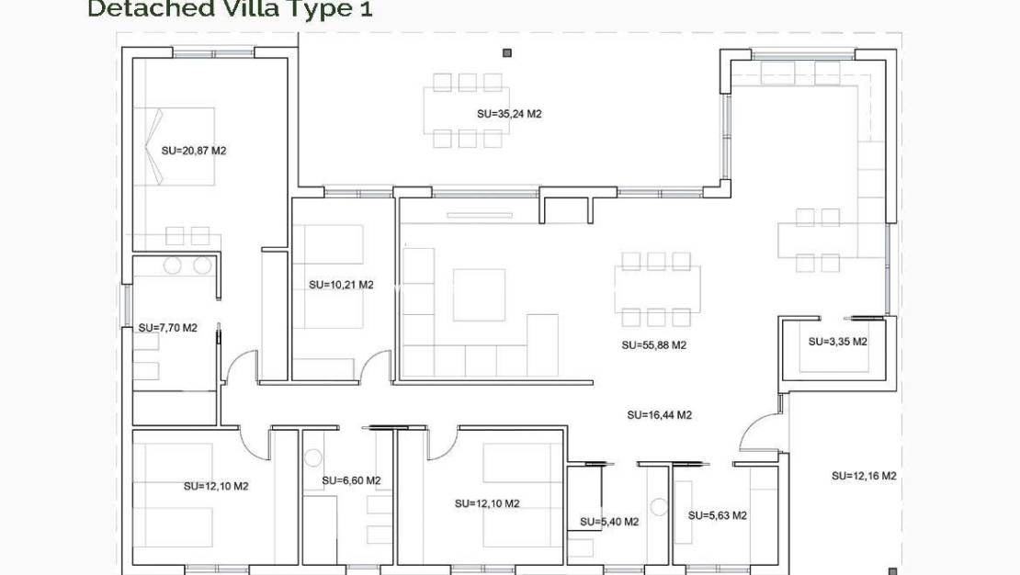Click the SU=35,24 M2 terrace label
[509, 115]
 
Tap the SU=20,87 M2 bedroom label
[193, 150]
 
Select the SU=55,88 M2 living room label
[653, 345]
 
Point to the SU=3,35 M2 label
[837, 341]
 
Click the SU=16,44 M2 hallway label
[659, 414]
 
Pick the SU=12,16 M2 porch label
[864, 476]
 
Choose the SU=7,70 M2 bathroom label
[167, 327]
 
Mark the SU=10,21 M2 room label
[341, 285]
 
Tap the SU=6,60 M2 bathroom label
[351, 480]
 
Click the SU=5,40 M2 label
[608, 522]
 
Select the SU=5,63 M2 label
[717, 515]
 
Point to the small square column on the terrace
[506, 53]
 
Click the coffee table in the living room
[479, 295]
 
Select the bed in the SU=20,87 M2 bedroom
[175, 147]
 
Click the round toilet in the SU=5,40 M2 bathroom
[657, 506]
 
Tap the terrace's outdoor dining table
[467, 110]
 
